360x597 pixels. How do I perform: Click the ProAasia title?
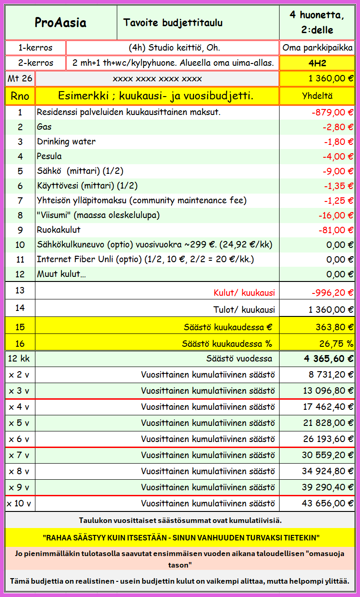pos(61,23)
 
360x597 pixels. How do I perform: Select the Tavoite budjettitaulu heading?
pos(173,23)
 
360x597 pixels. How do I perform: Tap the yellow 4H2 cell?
pos(317,63)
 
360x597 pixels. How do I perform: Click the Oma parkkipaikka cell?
pos(317,48)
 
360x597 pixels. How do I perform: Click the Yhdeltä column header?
pos(317,96)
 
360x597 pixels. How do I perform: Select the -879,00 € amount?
pos(331,112)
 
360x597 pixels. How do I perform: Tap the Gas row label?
pos(44,127)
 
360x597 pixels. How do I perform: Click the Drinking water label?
pos(66,142)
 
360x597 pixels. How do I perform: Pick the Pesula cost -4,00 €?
pos(338,156)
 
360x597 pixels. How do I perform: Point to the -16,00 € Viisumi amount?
pos(336,215)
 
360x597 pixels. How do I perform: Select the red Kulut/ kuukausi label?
pos(244,293)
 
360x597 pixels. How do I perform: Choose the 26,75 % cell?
pos(336,344)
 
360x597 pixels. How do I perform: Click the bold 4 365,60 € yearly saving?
pos(329,359)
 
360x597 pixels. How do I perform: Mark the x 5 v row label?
pos(19,423)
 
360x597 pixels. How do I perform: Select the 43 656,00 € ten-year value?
pos(328,503)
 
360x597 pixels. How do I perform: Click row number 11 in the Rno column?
pos(20,259)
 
